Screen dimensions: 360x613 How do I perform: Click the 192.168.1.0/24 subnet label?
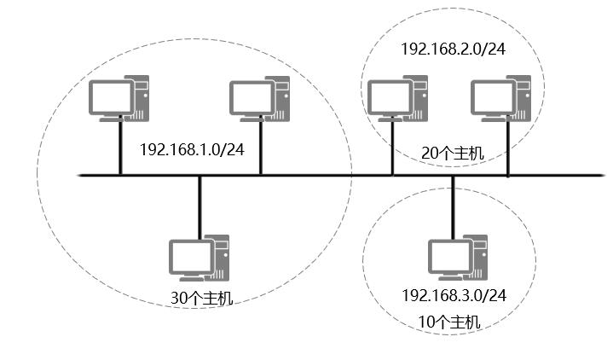(192, 148)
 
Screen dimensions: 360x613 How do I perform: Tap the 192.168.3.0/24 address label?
(454, 295)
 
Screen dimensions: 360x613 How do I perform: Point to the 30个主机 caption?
(201, 299)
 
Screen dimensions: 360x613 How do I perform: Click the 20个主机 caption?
(453, 154)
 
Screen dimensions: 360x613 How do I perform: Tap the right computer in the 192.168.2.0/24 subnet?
(501, 96)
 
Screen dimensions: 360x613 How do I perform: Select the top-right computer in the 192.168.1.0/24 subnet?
(261, 99)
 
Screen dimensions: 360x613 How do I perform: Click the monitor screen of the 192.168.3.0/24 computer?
(448, 255)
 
